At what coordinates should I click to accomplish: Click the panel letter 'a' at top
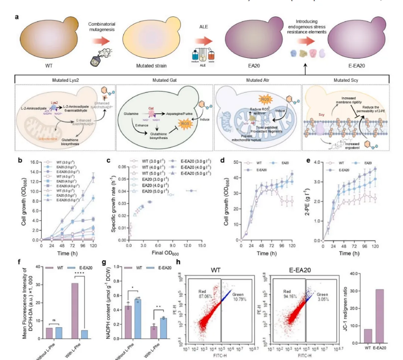click(x=17, y=17)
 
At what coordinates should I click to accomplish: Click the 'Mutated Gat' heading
click(x=164, y=80)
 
